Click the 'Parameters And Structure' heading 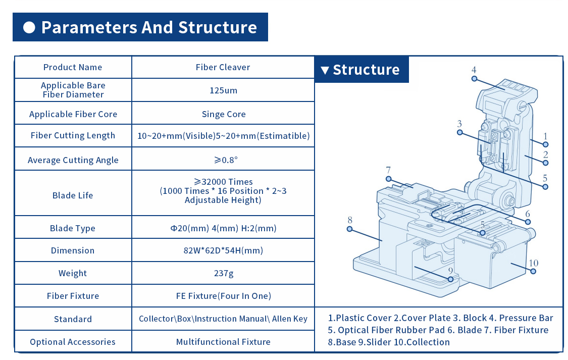point(148,27)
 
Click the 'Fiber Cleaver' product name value point(223,67)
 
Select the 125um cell point(223,91)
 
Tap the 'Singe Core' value point(223,114)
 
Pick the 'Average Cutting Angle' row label point(73,160)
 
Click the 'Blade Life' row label point(73,195)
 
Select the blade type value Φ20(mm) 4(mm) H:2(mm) point(223,228)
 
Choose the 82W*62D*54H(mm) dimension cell point(223,250)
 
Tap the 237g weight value point(223,273)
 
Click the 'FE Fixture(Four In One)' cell point(223,296)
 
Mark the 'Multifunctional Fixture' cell point(223,342)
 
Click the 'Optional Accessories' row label point(73,342)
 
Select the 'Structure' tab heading point(366,70)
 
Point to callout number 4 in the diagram point(474,70)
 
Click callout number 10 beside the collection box point(534,263)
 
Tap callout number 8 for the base point(349,220)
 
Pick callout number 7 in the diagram point(388,170)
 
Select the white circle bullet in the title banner point(29,27)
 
